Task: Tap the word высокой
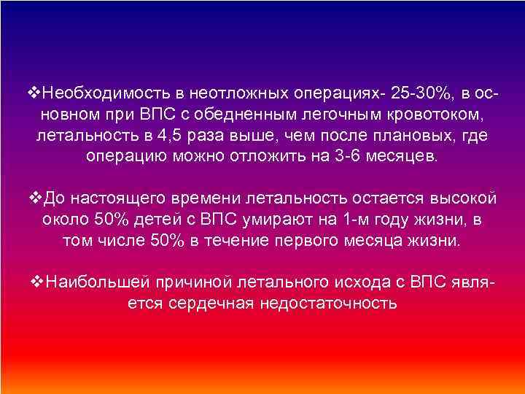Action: click(x=459, y=198)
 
